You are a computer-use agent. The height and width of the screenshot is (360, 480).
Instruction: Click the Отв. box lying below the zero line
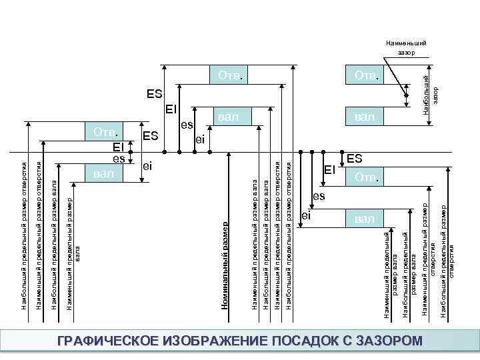[x=365, y=178]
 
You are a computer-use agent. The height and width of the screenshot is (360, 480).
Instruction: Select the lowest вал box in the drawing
[x=365, y=218]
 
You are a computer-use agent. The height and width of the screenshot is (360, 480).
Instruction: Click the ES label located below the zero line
[x=355, y=159]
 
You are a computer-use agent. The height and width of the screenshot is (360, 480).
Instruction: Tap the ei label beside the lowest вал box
[x=306, y=215]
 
